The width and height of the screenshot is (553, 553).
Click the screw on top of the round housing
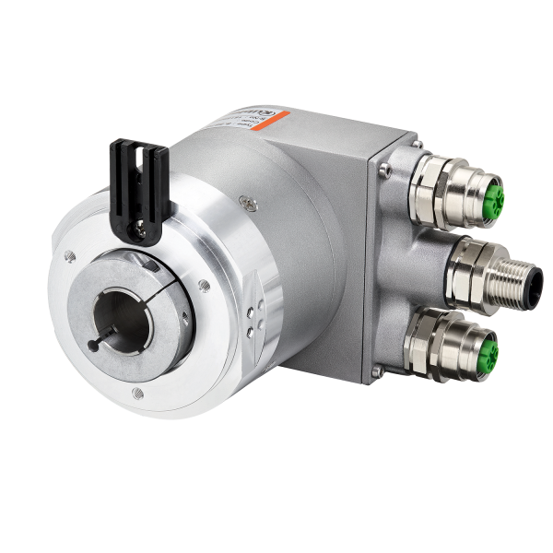[x=243, y=194]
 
